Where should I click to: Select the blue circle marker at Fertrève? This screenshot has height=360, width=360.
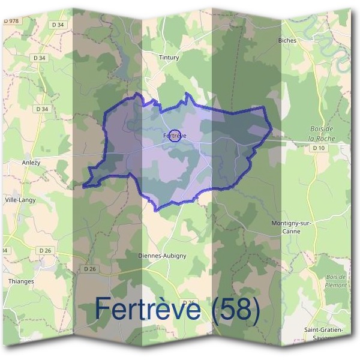point(175,136)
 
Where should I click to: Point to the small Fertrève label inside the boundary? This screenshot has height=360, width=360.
point(175,136)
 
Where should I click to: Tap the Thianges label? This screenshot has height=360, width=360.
point(22,281)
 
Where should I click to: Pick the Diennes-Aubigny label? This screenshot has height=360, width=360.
point(162,255)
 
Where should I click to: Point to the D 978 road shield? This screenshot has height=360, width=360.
point(11,21)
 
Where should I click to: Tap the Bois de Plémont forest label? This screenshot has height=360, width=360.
point(336,281)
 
